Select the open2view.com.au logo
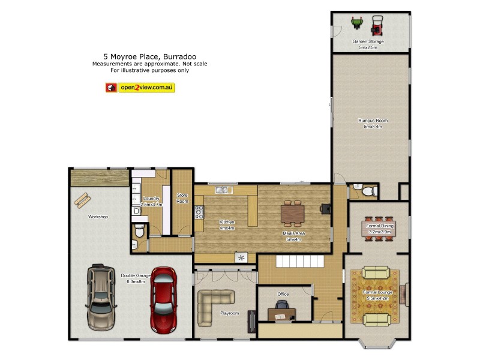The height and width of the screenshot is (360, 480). pos(140,88)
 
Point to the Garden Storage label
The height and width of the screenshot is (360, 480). pos(368,41)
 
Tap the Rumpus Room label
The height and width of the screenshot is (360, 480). pos(370,121)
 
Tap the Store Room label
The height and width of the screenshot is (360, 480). pos(182,198)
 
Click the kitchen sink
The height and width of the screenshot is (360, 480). pos(223,190)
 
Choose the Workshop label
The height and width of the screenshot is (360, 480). pos(98,217)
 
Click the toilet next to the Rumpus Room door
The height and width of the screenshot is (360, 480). pos(368,191)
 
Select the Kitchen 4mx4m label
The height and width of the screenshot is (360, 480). pos(226,225)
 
